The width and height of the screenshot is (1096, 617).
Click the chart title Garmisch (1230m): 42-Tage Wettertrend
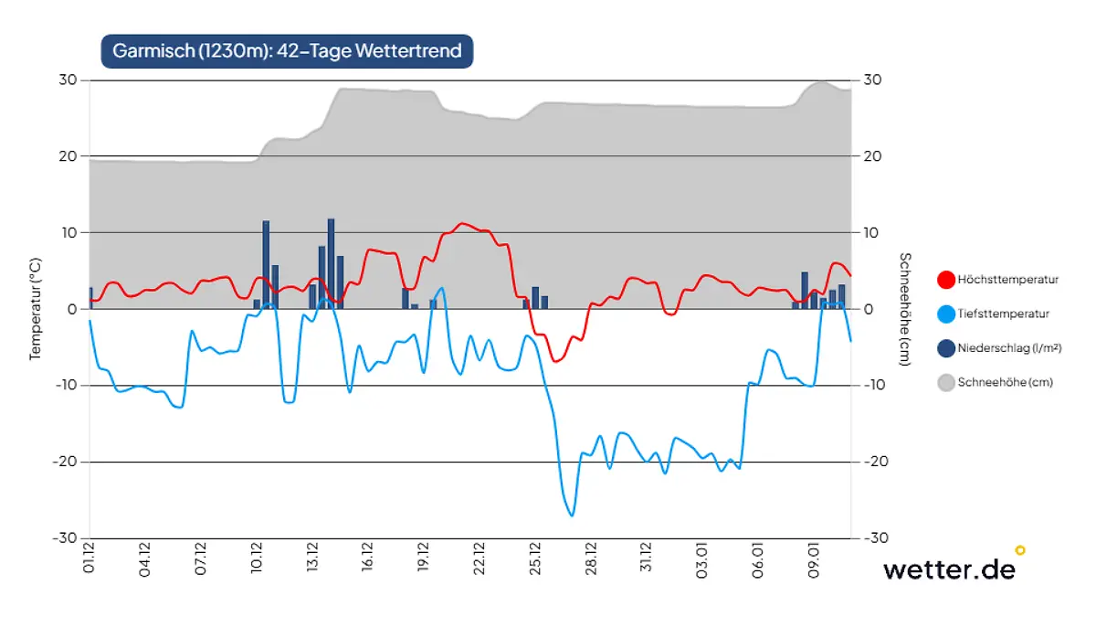pyautogui.click(x=287, y=50)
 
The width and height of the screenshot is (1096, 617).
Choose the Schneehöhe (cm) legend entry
pyautogui.click(x=995, y=383)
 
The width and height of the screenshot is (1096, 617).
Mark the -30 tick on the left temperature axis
pyautogui.click(x=66, y=538)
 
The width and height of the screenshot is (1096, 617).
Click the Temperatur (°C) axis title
pyautogui.click(x=36, y=308)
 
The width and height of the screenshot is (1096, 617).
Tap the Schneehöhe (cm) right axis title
pyautogui.click(x=904, y=309)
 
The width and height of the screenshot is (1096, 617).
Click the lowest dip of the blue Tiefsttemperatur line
pyautogui.click(x=572, y=516)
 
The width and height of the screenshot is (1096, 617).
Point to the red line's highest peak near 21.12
pyautogui.click(x=462, y=223)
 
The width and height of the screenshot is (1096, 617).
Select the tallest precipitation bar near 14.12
pyautogui.click(x=331, y=263)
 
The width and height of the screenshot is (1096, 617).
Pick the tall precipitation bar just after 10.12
pyautogui.click(x=266, y=264)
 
